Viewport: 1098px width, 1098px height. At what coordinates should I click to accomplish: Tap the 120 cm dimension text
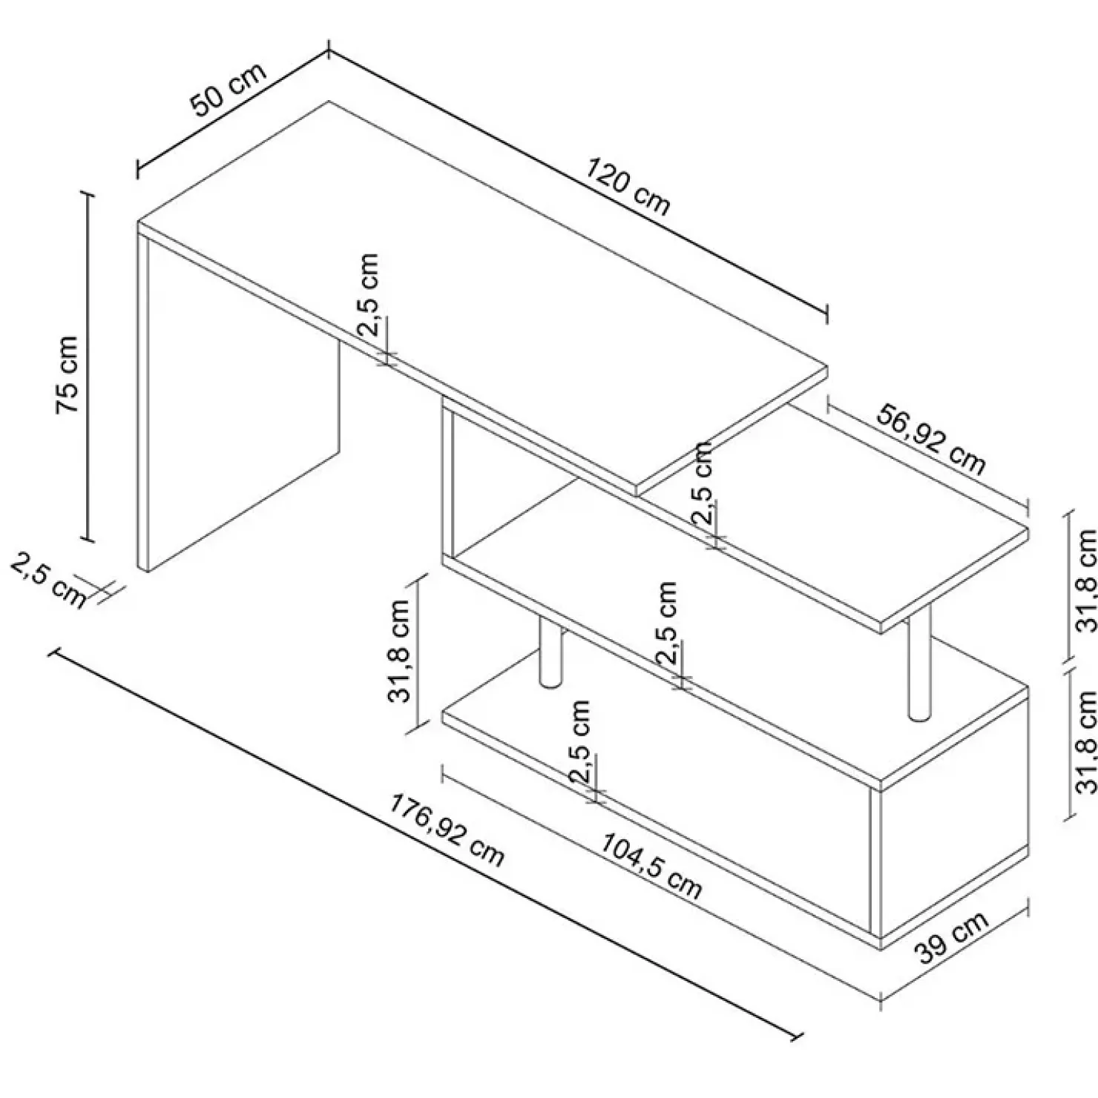(x=628, y=186)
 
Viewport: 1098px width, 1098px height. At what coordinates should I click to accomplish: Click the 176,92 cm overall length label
(x=447, y=830)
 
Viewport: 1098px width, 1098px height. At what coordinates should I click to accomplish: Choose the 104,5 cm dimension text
(x=650, y=866)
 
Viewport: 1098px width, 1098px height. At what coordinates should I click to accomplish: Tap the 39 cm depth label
(x=954, y=936)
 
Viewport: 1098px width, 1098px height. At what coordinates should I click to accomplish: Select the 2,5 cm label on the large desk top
(x=369, y=296)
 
